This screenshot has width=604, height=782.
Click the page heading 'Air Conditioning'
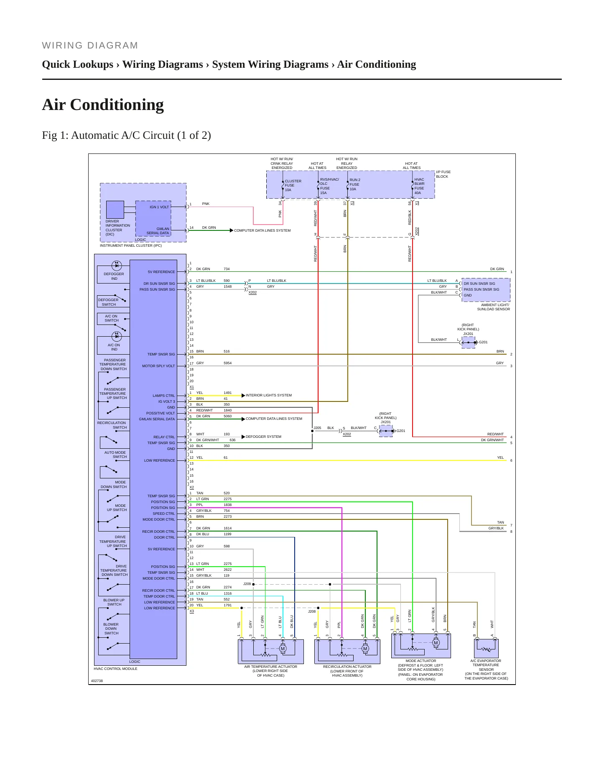[x=103, y=105]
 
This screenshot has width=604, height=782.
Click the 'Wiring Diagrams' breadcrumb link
[x=163, y=64]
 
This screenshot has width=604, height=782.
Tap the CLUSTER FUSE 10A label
[x=293, y=185]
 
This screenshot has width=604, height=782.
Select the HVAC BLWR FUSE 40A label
[x=419, y=186]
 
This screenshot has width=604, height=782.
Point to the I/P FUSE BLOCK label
[x=443, y=174]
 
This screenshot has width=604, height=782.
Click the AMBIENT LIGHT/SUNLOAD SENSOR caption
[x=494, y=307]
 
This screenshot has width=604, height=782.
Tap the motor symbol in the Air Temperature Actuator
[x=283, y=649]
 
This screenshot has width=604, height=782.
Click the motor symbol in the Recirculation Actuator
[x=365, y=649]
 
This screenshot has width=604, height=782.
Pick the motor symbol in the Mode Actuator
[x=436, y=643]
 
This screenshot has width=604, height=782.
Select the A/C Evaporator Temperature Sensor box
[x=486, y=648]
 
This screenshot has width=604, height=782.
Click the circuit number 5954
[x=227, y=363]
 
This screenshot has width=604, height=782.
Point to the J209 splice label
[x=247, y=583]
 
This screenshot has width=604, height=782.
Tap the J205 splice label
[x=317, y=428]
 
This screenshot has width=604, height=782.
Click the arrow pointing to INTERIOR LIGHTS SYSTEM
[x=243, y=395]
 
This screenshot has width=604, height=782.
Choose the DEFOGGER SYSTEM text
[x=263, y=437]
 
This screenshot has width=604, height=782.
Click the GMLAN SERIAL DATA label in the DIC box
[x=158, y=231]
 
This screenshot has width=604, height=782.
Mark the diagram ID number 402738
[x=97, y=681]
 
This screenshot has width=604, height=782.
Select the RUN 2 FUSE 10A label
[x=354, y=184]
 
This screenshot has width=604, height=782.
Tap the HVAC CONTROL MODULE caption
[x=115, y=669]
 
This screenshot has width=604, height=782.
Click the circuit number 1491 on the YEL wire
[x=227, y=393]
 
